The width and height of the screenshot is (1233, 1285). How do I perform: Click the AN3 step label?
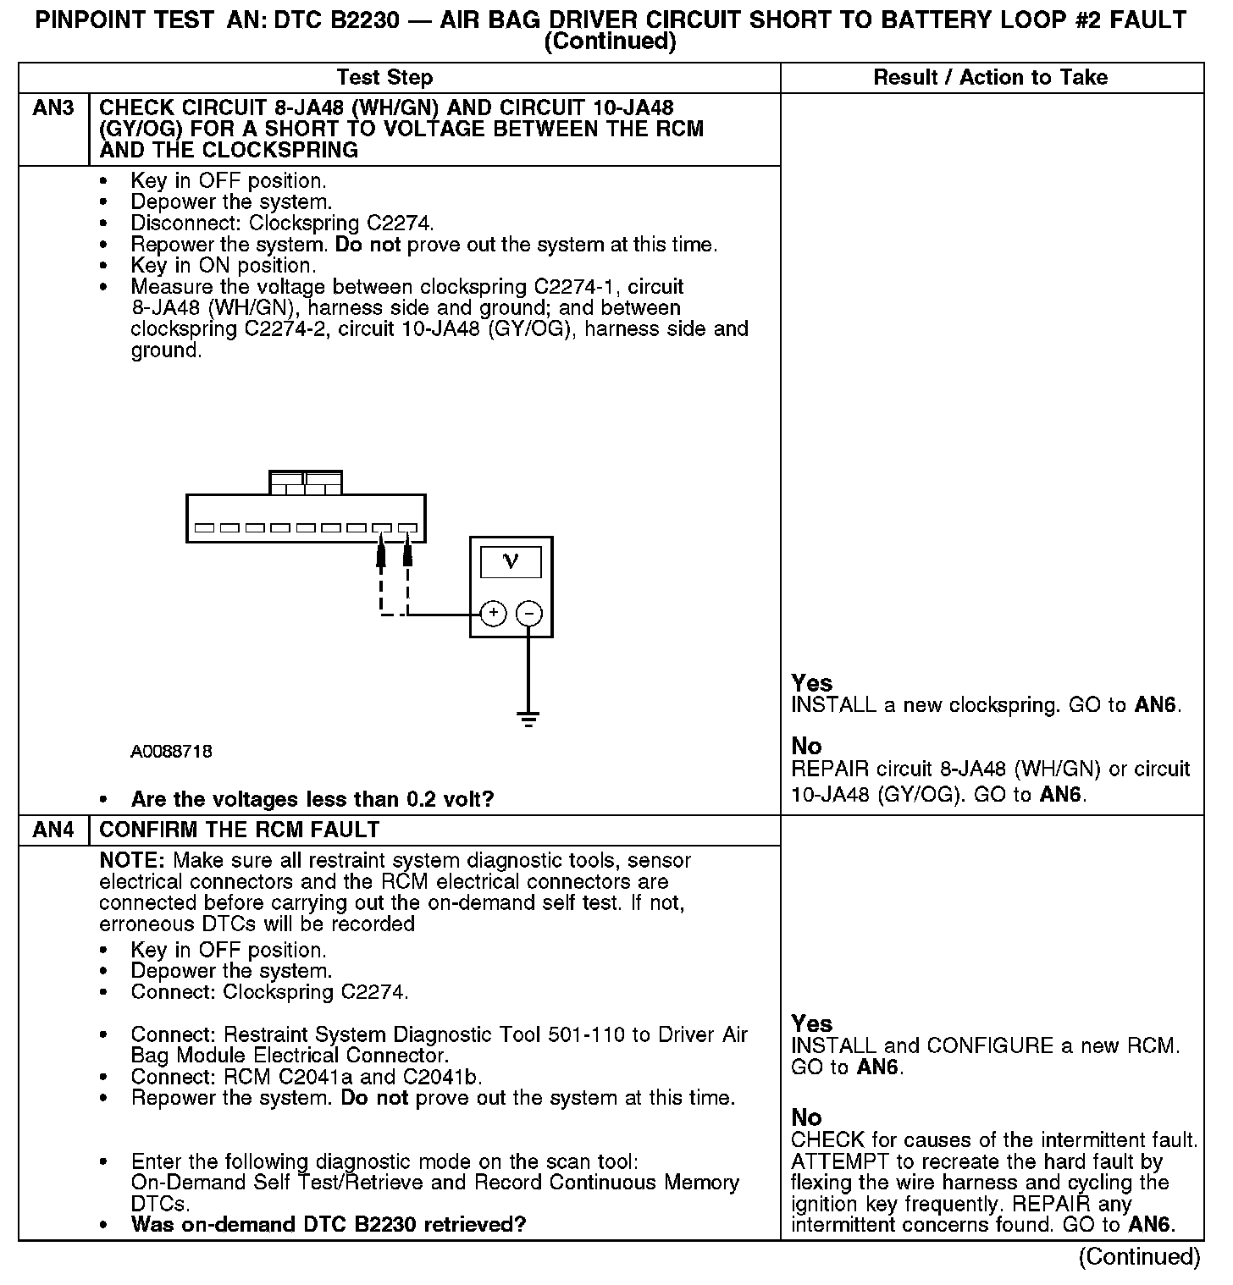click(53, 108)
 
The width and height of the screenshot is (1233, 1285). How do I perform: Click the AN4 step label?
click(53, 830)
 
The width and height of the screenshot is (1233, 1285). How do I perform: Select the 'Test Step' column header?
click(384, 78)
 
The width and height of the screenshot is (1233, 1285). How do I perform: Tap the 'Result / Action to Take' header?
click(990, 78)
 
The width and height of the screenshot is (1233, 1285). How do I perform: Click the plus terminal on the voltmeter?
click(493, 614)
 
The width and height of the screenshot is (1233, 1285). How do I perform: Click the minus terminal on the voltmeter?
click(529, 614)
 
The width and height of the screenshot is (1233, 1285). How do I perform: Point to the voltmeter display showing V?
click(511, 561)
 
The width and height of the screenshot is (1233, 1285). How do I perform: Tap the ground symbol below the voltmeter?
click(529, 720)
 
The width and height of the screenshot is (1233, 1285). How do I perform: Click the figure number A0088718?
click(171, 752)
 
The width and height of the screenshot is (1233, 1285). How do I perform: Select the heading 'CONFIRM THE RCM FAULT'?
click(240, 830)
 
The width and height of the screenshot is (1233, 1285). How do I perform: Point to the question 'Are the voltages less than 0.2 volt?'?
click(312, 800)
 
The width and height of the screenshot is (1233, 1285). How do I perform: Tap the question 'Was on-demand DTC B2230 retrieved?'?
click(329, 1225)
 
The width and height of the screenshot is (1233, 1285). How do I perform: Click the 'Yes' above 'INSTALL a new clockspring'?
click(811, 683)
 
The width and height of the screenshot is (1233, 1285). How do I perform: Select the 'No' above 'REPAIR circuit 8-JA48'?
click(806, 747)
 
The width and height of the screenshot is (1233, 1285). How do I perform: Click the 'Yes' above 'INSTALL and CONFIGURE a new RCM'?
click(811, 1023)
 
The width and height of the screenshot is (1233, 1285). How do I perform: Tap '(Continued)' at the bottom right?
click(1139, 1257)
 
